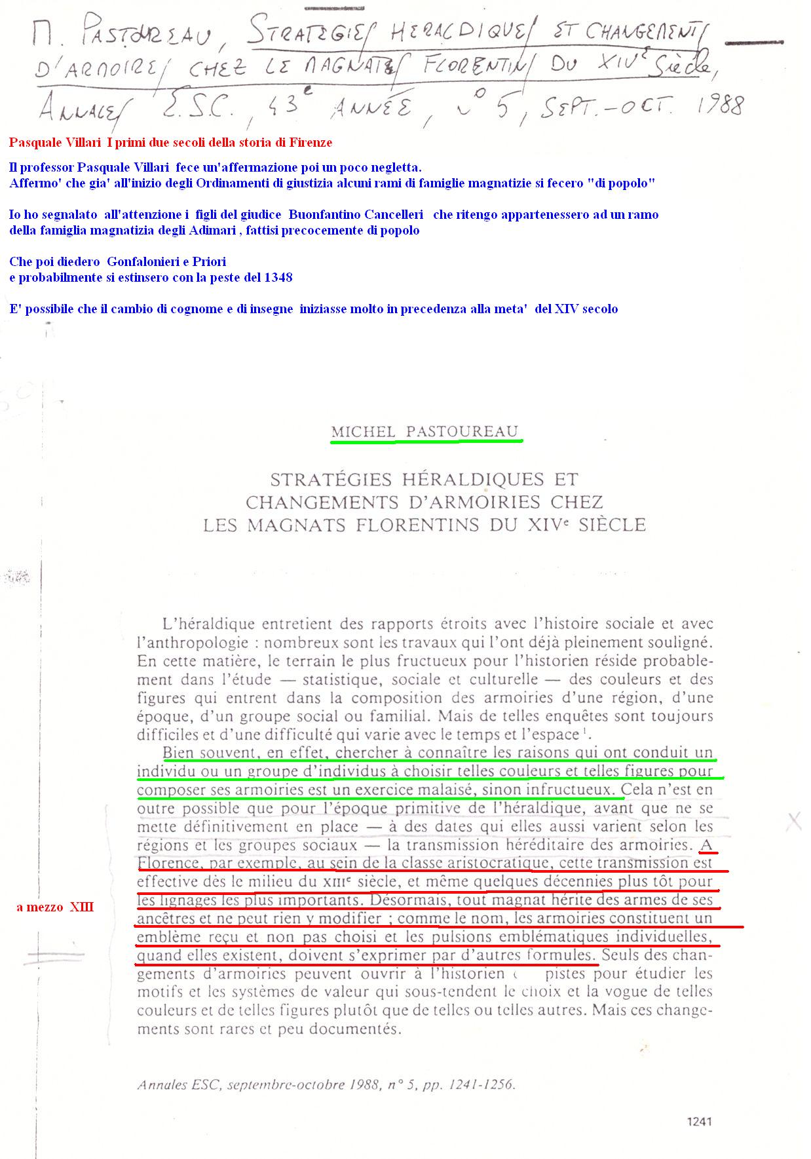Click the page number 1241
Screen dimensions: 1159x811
pos(698,1121)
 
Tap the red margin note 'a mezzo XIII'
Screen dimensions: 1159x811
pos(55,907)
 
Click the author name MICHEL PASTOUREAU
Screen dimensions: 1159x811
pos(424,432)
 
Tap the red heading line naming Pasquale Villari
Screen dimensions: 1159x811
pos(170,142)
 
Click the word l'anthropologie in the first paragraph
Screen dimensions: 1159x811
pos(191,643)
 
